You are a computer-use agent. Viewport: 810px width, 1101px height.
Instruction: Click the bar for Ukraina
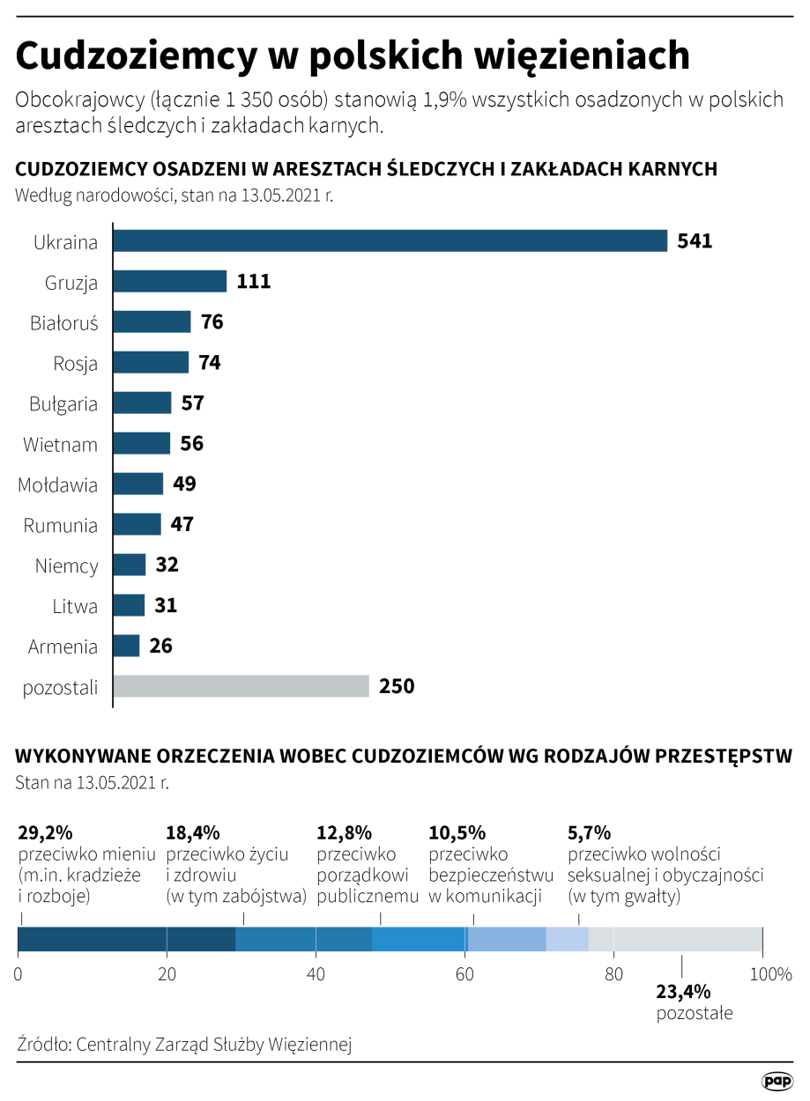pos(390,241)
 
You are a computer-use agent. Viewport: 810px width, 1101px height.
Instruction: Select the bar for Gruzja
pos(170,282)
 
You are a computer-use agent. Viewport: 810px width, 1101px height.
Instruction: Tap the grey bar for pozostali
pos(241,686)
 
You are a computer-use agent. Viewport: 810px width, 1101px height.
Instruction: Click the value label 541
pos(695,241)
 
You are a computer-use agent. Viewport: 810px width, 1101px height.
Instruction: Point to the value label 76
pos(212,322)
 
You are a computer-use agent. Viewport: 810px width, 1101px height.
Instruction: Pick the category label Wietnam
pos(60,444)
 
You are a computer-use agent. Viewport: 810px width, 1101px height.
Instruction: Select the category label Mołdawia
pos(58,484)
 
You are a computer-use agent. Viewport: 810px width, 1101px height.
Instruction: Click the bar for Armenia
pos(127,646)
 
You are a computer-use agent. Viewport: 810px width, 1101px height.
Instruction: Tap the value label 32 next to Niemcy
pos(167,565)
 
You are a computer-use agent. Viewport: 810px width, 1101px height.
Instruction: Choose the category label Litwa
pos(75,606)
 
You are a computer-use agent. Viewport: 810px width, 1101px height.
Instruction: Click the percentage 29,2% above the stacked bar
pos(45,833)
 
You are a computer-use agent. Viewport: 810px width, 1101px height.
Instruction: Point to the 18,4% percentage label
pos(193,833)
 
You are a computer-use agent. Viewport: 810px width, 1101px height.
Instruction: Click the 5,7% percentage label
pos(590,833)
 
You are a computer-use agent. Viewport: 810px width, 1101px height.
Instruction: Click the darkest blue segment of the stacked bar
pos(126,939)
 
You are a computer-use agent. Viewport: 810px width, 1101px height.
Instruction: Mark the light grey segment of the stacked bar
pos(675,939)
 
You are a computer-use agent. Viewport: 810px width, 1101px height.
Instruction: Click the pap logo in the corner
pos(777,1080)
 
